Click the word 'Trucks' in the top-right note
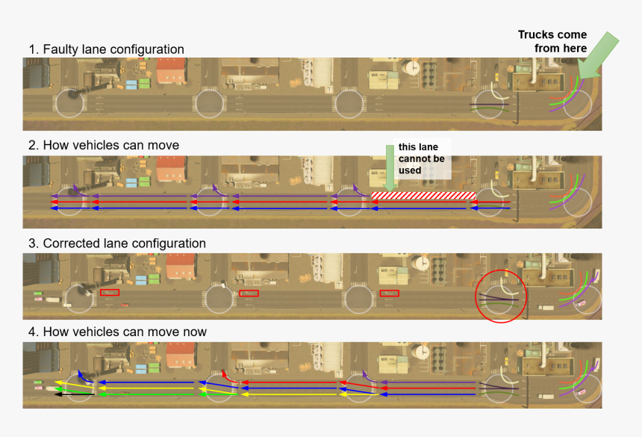coord(537,35)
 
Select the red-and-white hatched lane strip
coord(423,196)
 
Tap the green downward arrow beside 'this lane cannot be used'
coord(389,166)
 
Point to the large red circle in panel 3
coord(501,297)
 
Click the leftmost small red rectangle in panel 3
coord(109,293)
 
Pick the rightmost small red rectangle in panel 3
coord(389,293)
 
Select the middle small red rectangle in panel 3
coord(249,293)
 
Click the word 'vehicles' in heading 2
coord(96,145)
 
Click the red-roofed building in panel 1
coord(171,70)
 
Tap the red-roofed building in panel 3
coord(180,267)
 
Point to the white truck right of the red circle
coord(546,306)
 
